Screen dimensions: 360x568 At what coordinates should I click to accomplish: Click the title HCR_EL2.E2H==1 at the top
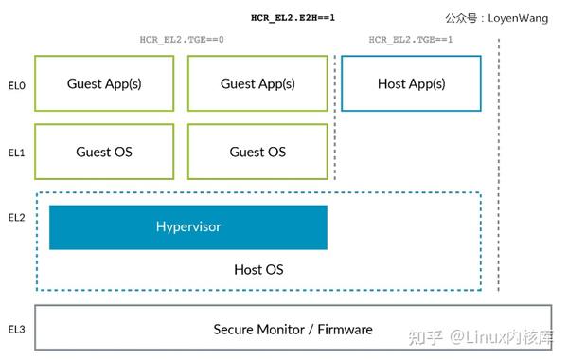coord(293,17)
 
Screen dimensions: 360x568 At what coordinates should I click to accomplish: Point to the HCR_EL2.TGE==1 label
coord(411,40)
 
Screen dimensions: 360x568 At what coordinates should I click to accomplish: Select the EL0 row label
coord(16,84)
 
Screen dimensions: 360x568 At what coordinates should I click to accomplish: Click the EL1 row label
coord(16,152)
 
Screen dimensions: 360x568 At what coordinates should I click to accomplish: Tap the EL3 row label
coord(16,329)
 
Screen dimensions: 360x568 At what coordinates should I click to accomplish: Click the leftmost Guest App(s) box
coord(104,83)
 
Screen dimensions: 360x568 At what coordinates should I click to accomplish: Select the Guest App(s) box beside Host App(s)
coord(257,83)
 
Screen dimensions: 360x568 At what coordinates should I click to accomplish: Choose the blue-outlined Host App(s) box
coord(411,83)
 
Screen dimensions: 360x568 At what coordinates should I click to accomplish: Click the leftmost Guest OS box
coord(104,152)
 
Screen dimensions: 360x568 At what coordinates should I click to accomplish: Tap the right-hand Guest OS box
coord(257,152)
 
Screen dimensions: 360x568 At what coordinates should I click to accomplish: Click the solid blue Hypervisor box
coord(187,227)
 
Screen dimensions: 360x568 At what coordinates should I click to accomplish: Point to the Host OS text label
coord(257,270)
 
